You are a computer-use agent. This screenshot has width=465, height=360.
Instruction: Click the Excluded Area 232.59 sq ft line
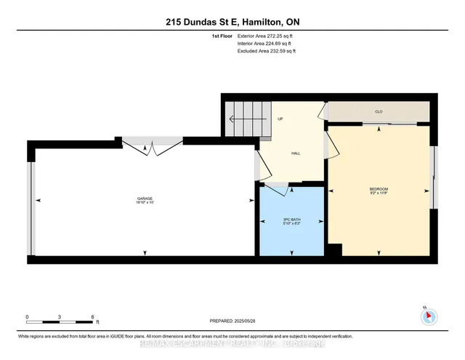[x=267, y=51]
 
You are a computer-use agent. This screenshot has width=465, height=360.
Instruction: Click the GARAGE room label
[x=145, y=199]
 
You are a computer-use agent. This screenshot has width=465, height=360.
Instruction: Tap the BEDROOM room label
[x=379, y=190]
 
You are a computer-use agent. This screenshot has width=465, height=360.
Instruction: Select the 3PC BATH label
[x=291, y=219]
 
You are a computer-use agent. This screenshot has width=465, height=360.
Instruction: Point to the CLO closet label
[x=379, y=111]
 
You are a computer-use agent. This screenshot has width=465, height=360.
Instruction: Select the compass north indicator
[x=429, y=316]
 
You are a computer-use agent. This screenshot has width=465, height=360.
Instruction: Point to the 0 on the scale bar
[x=28, y=316]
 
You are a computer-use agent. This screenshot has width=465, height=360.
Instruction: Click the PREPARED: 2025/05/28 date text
[x=232, y=320]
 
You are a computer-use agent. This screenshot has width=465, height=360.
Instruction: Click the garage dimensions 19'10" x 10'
[x=145, y=204]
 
